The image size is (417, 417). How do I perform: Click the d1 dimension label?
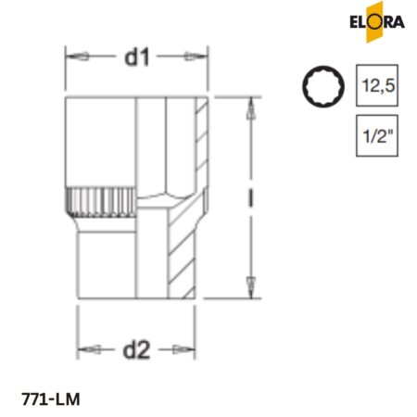[x=138, y=57]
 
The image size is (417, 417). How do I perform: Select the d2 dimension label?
[x=137, y=350]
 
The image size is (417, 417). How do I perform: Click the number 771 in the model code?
[x=36, y=399]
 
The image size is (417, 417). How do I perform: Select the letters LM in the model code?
[x=70, y=399]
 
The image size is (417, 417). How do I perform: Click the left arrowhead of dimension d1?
[x=73, y=57]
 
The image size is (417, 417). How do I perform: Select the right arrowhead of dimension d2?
[x=191, y=350]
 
